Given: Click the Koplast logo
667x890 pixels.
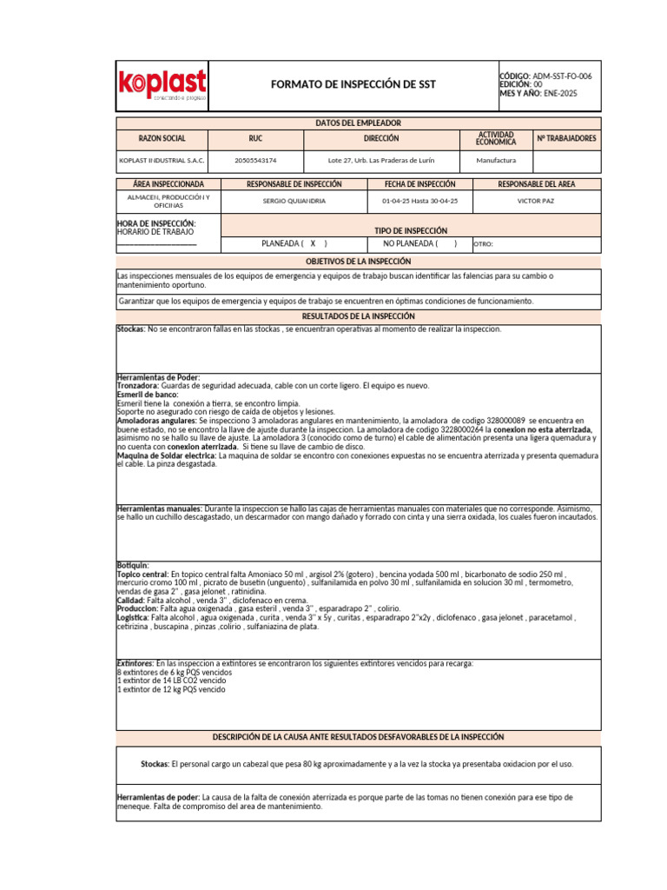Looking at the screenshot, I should click(x=162, y=85).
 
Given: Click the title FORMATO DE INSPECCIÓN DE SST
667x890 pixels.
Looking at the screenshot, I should click(x=353, y=84).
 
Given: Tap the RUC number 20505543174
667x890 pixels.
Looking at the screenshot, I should click(x=255, y=161).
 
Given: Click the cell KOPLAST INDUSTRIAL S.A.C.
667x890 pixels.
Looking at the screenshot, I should click(x=162, y=161).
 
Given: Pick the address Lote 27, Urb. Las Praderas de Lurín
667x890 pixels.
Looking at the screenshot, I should click(x=381, y=161).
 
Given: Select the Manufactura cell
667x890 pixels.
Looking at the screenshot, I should click(x=496, y=161).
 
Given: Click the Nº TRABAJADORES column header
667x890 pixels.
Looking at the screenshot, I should click(x=566, y=139).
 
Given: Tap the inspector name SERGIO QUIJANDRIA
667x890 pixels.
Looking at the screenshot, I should click(x=294, y=201).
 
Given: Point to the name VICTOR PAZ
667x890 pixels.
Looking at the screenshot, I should click(x=535, y=201).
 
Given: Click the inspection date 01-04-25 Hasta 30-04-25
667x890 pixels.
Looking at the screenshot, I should click(x=419, y=201).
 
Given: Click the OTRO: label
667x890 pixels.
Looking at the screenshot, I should click(x=484, y=245).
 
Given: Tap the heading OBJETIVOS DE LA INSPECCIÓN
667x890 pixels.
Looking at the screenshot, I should click(x=358, y=262).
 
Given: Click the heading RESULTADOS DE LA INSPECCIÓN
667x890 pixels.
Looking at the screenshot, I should click(x=358, y=316).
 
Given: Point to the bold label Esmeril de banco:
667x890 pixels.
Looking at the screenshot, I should click(x=148, y=395).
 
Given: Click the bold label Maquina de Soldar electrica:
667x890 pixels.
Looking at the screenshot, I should click(x=167, y=455).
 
